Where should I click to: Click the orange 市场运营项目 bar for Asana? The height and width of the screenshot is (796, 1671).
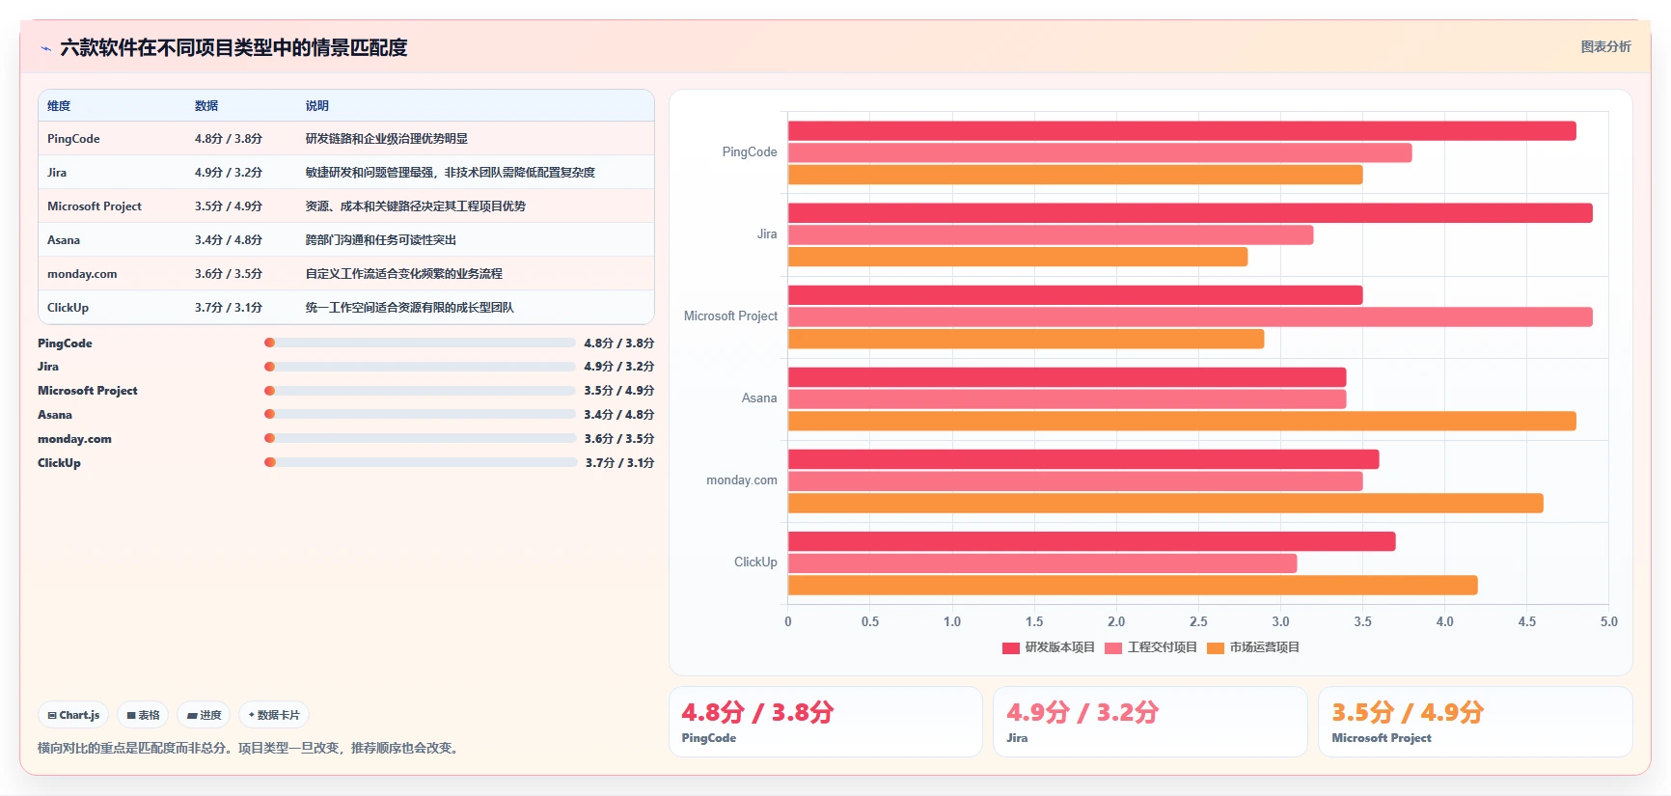point(1182,421)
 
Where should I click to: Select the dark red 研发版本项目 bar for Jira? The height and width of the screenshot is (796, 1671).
point(1191,213)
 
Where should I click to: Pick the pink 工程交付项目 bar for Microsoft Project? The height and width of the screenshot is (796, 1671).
point(1191,316)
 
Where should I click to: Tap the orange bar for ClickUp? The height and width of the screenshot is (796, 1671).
point(1133,585)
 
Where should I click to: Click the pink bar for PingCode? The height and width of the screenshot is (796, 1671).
point(1100,152)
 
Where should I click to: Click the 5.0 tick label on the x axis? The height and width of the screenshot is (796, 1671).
point(1609,621)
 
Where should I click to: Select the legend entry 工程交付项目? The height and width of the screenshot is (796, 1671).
point(1151,647)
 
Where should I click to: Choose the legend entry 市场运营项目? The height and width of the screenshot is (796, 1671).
point(1253,647)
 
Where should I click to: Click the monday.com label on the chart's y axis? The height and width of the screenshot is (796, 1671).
point(742,480)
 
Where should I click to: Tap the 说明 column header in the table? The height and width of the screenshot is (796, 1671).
point(317,106)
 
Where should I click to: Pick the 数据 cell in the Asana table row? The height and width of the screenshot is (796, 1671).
point(229,240)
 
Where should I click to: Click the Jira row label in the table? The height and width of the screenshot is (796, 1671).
point(57,173)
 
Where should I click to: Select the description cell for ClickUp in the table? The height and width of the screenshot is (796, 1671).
point(410,308)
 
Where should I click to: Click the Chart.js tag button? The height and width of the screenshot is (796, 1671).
point(73,715)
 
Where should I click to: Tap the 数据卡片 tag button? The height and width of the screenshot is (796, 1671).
point(274,715)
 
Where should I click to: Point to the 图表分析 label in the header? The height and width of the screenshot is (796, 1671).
point(1606,46)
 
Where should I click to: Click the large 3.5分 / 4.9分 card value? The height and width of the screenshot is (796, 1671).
point(1408,712)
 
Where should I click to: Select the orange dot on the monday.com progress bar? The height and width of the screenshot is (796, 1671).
point(270,438)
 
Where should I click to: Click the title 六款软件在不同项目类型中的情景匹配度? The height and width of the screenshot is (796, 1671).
point(233,47)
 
